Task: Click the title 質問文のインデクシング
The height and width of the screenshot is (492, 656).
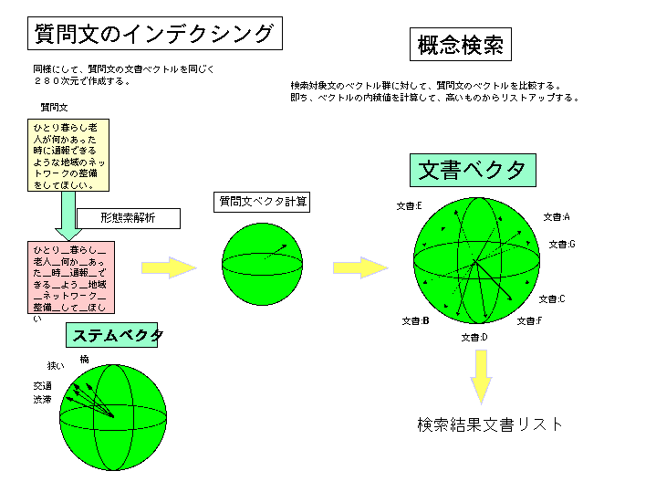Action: click(x=153, y=34)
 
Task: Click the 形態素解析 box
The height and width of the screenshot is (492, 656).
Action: click(x=128, y=218)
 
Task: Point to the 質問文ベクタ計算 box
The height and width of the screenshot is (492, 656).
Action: click(x=262, y=202)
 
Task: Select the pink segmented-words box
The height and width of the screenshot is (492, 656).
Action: click(x=70, y=277)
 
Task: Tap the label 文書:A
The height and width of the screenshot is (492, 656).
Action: click(x=556, y=217)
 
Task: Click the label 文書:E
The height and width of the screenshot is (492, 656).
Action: click(x=409, y=206)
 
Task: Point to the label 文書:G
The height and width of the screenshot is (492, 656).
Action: click(x=561, y=245)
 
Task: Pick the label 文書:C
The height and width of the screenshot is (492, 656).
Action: click(x=552, y=299)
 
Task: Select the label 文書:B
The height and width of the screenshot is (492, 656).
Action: click(x=415, y=321)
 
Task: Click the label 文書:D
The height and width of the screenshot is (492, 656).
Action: click(x=474, y=338)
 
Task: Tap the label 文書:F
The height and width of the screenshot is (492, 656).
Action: click(x=529, y=321)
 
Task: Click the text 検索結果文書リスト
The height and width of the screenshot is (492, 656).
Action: click(x=490, y=424)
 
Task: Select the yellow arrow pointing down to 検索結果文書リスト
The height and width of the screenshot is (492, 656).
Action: click(x=481, y=374)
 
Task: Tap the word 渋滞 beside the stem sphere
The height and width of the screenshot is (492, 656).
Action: click(x=42, y=400)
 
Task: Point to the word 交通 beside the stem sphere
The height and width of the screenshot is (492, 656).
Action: click(x=42, y=385)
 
